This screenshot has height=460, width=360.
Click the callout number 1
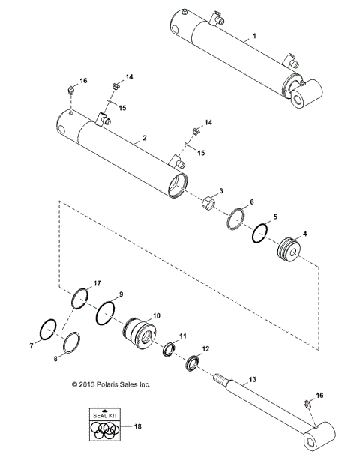pos(254,36)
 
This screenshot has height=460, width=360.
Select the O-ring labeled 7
pos(47,329)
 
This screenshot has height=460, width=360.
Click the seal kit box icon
pos(103,426)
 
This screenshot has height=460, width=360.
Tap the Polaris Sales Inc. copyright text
pos(110,384)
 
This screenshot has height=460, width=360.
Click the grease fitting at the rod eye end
pos(307,407)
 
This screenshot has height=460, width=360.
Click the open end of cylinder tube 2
pos(178,184)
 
